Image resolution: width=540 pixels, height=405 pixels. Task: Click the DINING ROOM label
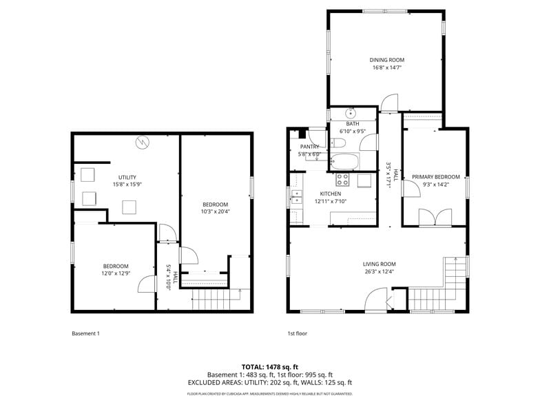(x=386, y=60)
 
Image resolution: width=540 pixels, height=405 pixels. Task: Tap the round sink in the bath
(x=351, y=112)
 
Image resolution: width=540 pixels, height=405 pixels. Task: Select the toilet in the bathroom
(x=338, y=143)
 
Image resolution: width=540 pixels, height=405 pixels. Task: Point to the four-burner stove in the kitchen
(x=342, y=180)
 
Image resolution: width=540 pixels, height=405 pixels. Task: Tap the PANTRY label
(x=309, y=147)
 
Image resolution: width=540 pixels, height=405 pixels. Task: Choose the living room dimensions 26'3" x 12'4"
(x=380, y=271)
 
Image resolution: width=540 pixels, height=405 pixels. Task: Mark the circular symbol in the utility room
(x=143, y=143)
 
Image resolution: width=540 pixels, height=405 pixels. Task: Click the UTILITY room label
(x=127, y=177)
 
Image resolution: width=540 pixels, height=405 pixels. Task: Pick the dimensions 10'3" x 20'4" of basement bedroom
(x=216, y=211)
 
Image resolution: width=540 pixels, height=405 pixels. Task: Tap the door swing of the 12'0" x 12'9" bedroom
(x=146, y=285)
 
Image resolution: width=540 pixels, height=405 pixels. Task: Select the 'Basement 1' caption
(x=86, y=333)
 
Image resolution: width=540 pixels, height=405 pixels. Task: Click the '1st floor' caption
(x=298, y=333)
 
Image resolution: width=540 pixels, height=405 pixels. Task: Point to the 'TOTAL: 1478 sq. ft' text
(x=269, y=366)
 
